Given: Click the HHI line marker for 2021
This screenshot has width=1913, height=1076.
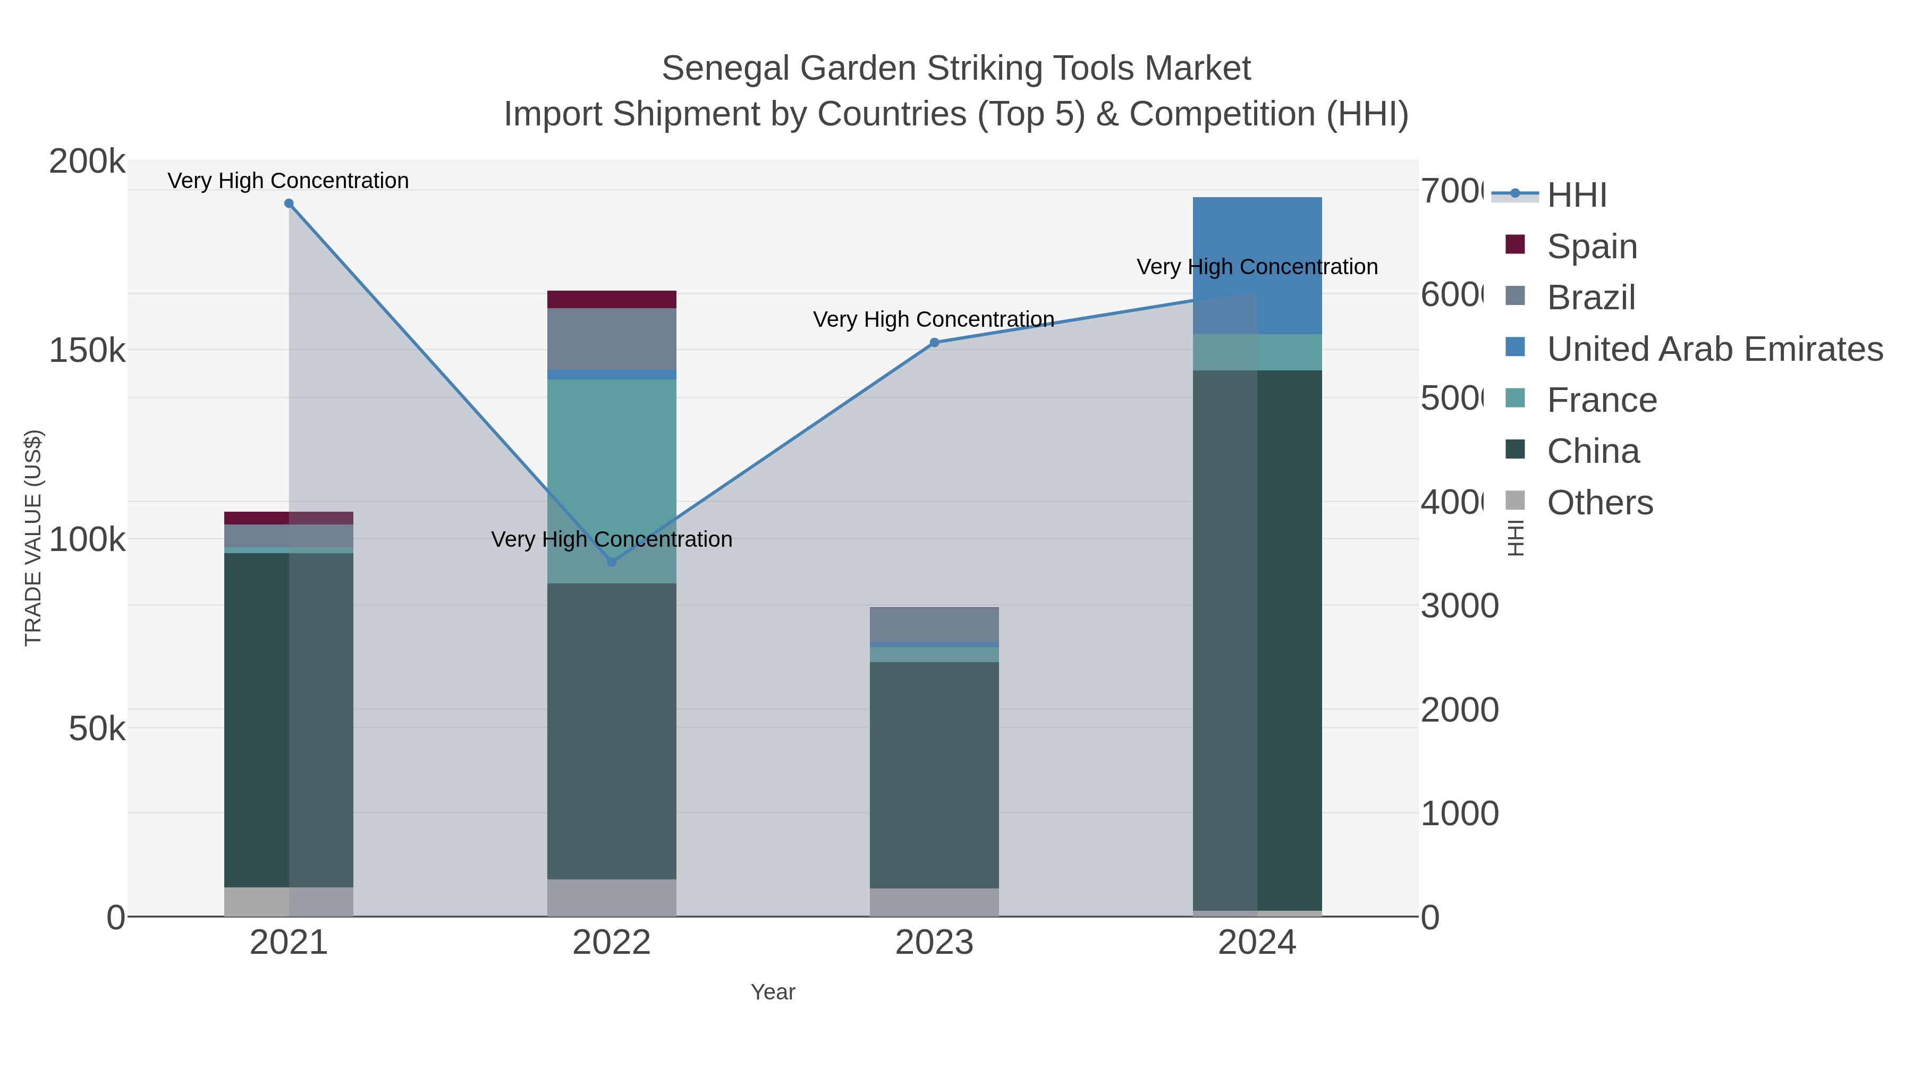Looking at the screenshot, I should click(289, 204).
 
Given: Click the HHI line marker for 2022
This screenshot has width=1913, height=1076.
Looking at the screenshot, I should click(611, 562).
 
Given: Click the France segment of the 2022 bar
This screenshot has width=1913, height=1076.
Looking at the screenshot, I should click(611, 481).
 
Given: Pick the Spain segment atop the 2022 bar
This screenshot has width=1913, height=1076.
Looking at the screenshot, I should click(611, 299).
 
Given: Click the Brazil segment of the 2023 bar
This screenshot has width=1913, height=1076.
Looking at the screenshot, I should click(934, 624).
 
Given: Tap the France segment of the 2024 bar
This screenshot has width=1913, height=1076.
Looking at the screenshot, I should click(1257, 352).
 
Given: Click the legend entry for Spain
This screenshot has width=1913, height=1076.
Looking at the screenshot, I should click(1592, 246).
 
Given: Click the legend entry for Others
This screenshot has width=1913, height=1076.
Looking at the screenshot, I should click(1599, 503).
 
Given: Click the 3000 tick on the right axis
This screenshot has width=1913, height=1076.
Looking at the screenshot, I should click(1459, 606).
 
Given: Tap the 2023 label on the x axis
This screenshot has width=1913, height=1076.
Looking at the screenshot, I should click(934, 942).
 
